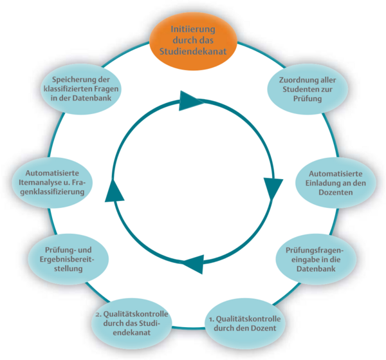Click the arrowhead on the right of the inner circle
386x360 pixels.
pyautogui.click(x=273, y=187)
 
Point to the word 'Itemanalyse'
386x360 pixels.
pyautogui.click(x=50, y=182)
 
